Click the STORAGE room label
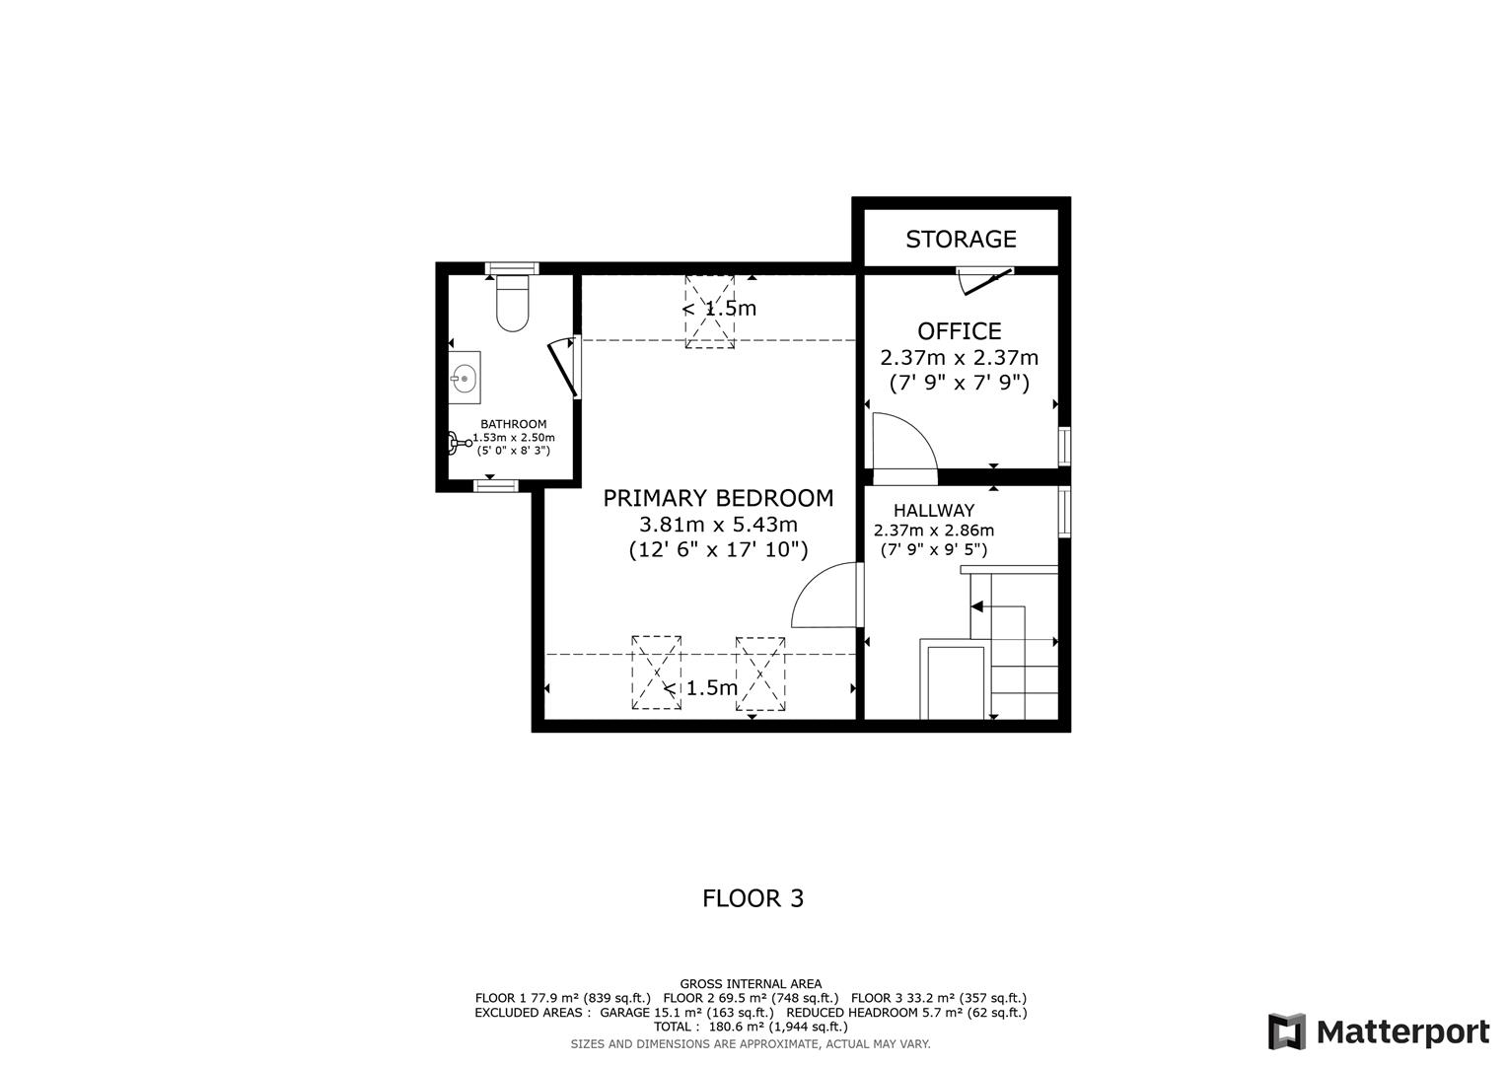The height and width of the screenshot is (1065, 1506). click(961, 239)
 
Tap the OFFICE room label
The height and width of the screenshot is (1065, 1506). click(959, 331)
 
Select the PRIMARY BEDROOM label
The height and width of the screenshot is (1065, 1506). click(718, 498)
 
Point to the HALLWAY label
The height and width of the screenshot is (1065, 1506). click(933, 511)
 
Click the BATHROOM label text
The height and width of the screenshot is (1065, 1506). click(513, 424)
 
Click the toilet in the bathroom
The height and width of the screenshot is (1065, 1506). click(513, 304)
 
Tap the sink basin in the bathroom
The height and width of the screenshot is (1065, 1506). click(464, 378)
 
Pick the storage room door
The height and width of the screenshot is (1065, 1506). click(985, 281)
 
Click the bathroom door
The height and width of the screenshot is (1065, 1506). click(563, 367)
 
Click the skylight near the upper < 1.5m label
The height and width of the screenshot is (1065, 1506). click(710, 312)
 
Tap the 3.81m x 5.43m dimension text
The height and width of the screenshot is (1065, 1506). click(718, 525)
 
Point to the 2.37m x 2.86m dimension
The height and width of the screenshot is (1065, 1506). click(933, 531)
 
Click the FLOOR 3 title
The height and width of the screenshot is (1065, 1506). click(753, 898)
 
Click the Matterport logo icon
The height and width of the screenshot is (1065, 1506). click(1286, 1031)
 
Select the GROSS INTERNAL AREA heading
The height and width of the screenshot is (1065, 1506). click(751, 983)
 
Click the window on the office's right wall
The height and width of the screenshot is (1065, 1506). click(1064, 445)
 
